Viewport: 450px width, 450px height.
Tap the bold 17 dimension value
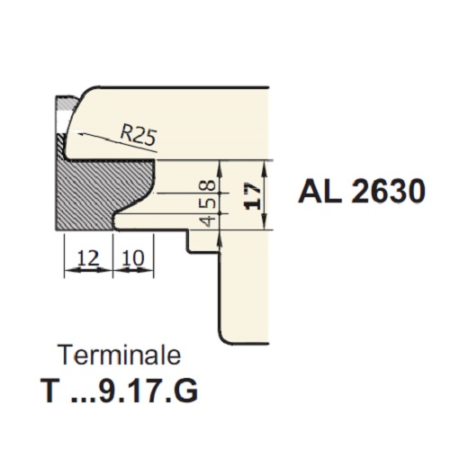coord(252,196)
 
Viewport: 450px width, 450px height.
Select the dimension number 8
coord(211,184)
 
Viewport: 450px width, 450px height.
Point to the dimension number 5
coord(211,203)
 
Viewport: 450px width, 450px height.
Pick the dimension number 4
coord(211,221)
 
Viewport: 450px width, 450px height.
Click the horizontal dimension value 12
coord(88,258)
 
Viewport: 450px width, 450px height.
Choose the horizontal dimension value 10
coord(133,258)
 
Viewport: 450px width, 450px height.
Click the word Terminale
coord(121,355)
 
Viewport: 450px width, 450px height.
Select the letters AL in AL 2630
coord(319,191)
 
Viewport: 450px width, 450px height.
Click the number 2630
coord(388,191)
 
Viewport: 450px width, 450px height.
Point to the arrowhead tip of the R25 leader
coord(77,133)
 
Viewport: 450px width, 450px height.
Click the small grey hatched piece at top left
coord(67,103)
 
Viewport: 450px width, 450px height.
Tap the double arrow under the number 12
coord(88,270)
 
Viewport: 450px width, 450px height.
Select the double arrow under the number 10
coord(133,270)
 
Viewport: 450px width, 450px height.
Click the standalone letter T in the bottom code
coord(51,391)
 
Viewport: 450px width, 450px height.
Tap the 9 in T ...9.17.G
coord(108,391)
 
